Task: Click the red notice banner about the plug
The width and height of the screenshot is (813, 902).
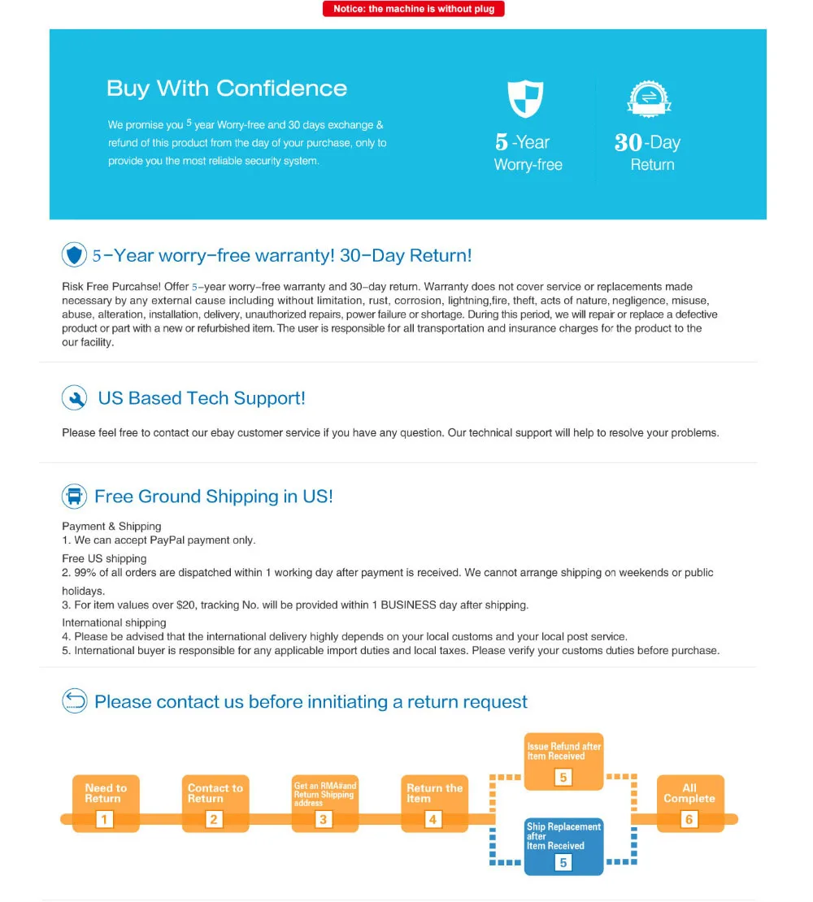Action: coord(414,9)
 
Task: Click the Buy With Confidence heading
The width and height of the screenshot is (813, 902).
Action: coord(227,89)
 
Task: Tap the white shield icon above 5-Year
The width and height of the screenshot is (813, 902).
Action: coord(525,98)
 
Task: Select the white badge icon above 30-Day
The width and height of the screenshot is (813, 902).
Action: coord(649,98)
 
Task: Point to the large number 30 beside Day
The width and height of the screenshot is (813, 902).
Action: coord(628,143)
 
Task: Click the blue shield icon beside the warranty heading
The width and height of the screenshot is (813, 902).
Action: coord(75,255)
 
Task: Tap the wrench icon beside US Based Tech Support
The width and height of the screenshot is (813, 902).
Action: coord(75,398)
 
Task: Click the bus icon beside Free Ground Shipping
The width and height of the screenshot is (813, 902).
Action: coord(75,497)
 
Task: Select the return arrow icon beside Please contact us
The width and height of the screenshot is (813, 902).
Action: coord(75,700)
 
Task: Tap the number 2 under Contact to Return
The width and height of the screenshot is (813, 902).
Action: coord(214,819)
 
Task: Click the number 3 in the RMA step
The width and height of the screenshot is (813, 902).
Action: coord(324,819)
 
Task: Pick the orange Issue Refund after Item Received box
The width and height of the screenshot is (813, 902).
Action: coord(563,761)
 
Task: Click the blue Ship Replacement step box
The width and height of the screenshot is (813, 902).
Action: coord(563,846)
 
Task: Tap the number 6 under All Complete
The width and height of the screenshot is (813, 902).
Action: coord(689,819)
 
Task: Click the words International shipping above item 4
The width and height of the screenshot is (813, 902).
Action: coord(114,622)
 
